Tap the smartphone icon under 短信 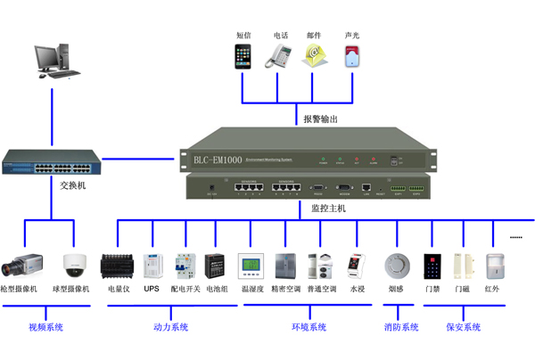point(243,56)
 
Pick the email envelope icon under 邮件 point(312,56)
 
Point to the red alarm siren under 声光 point(352,56)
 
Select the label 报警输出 point(321,119)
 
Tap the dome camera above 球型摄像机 point(73,265)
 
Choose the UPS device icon point(152,265)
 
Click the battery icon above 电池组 point(215,265)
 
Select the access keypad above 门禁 point(432,265)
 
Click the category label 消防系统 point(400,328)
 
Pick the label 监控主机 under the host point(328,208)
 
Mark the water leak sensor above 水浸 point(357,266)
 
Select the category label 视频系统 point(45,328)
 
